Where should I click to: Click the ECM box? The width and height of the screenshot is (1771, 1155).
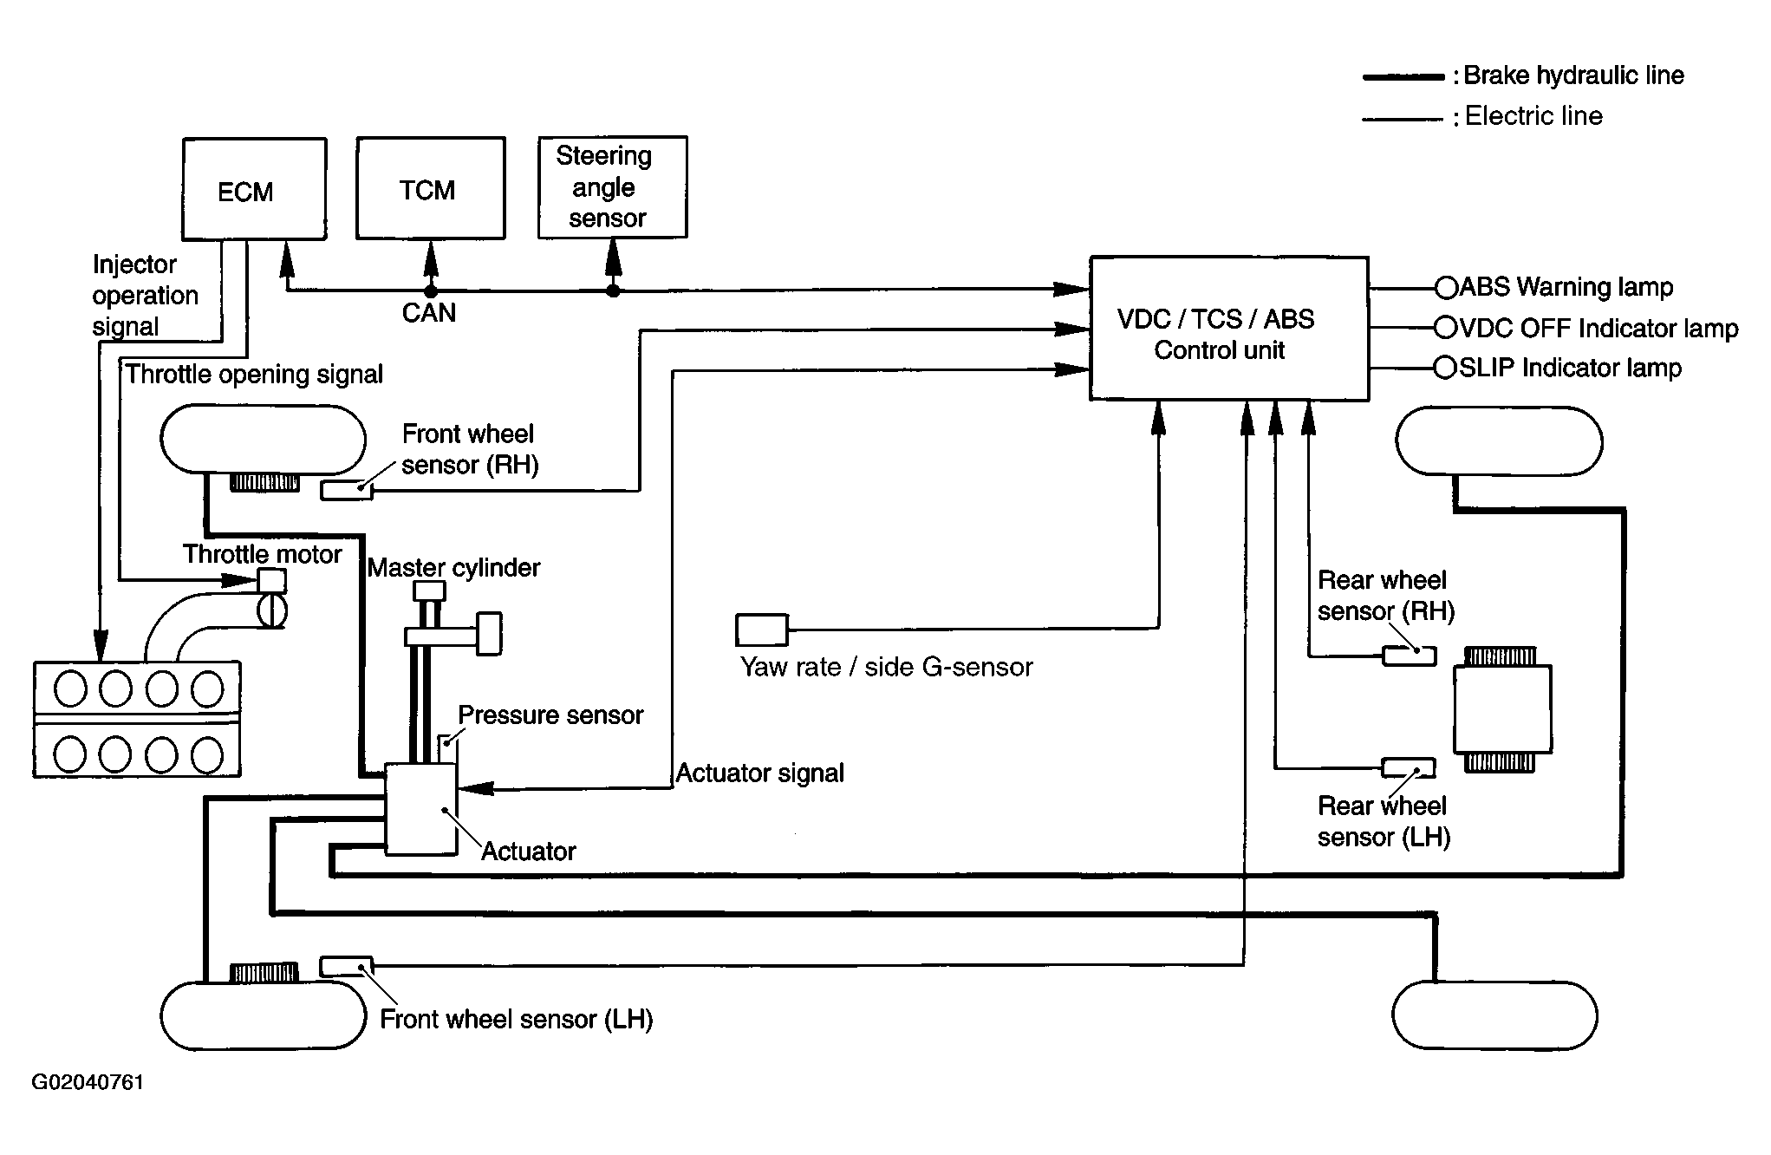tap(254, 189)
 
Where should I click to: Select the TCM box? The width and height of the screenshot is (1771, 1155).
tap(431, 187)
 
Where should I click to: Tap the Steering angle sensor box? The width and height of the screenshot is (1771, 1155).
tap(613, 186)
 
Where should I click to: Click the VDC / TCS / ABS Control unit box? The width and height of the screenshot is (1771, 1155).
tap(1229, 329)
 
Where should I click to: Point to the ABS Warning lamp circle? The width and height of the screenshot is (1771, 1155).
tap(1446, 287)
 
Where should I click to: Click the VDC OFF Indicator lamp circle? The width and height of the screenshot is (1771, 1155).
tap(1446, 328)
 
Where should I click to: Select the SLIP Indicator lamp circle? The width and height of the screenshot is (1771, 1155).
tap(1446, 368)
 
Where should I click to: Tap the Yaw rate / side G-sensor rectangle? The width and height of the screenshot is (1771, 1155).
tap(762, 630)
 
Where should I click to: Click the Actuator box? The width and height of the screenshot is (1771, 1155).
tap(421, 809)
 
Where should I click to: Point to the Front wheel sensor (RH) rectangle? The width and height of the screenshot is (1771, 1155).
tap(347, 490)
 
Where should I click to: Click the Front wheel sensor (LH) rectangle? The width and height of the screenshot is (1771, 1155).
tap(347, 966)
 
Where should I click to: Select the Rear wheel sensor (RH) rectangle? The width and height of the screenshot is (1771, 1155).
tap(1409, 656)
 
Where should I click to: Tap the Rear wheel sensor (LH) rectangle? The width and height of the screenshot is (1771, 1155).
tap(1409, 767)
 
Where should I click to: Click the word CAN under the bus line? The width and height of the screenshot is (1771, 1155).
tap(429, 312)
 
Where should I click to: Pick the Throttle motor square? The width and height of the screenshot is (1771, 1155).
tap(272, 580)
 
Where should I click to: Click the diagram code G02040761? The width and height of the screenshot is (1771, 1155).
tap(88, 1082)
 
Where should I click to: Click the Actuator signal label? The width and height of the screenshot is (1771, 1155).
tap(760, 773)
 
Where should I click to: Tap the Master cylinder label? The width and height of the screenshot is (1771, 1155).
tap(453, 568)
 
